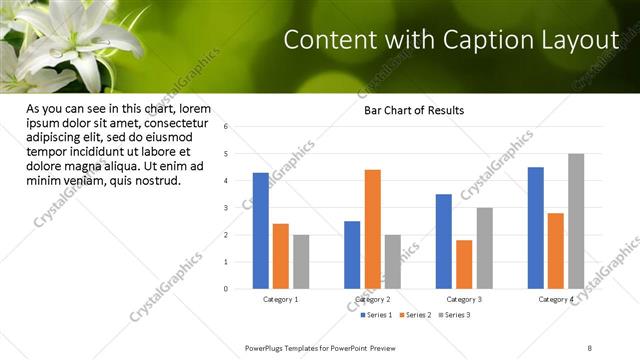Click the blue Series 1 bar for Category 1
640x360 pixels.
[x=260, y=231]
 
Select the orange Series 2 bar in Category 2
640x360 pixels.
[x=372, y=229]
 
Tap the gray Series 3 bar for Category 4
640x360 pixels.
[x=576, y=221]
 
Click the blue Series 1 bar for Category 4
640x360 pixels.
[x=536, y=228]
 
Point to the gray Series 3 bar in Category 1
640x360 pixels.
[x=301, y=262]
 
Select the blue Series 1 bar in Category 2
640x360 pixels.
[x=352, y=255]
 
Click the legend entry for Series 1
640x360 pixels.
[x=376, y=315]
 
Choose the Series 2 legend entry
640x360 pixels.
[x=415, y=315]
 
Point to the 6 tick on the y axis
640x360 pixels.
[x=227, y=127]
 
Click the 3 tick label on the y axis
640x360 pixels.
[x=227, y=208]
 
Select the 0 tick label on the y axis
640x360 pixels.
[x=227, y=289]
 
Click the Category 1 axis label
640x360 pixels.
[x=281, y=299]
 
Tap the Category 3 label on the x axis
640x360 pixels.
[x=464, y=299]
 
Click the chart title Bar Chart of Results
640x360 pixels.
[x=413, y=110]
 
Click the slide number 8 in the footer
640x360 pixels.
[x=590, y=347]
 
